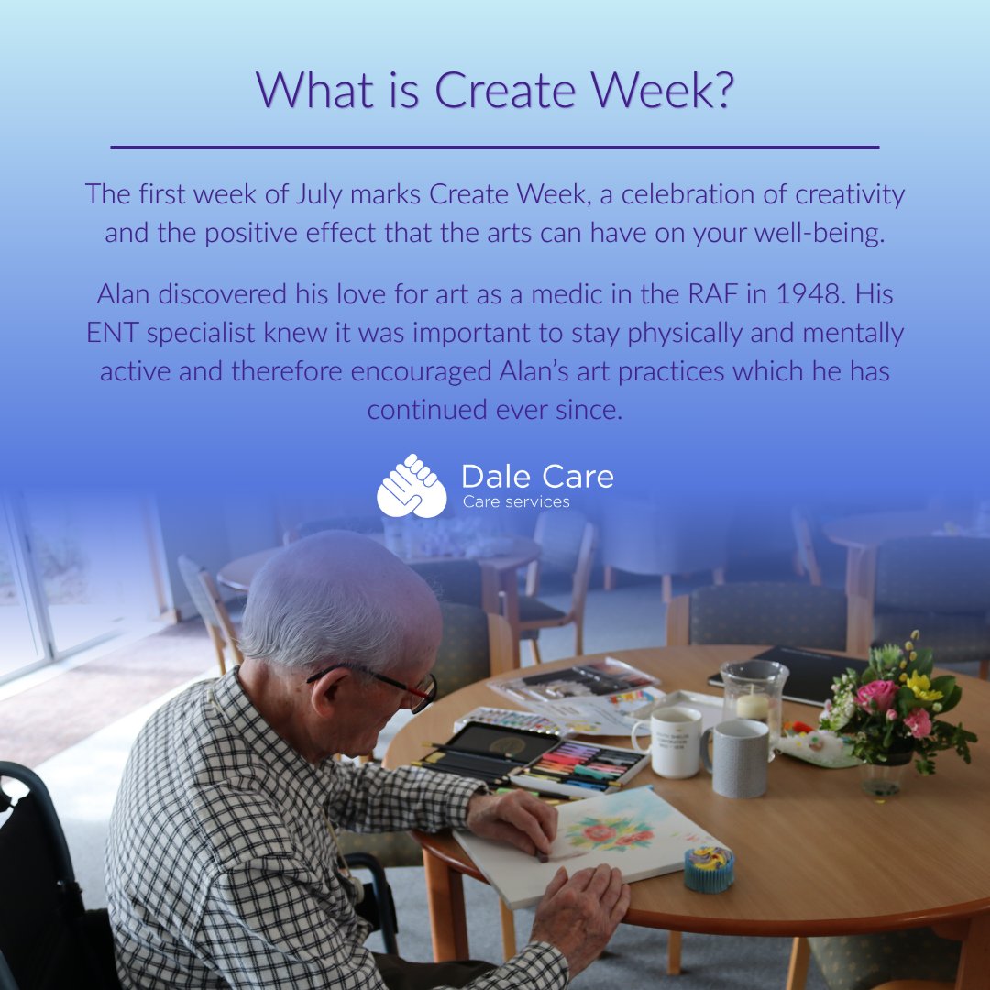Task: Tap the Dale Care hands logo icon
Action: click(x=412, y=486)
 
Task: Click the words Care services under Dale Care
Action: click(x=516, y=501)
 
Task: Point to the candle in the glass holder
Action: click(x=753, y=705)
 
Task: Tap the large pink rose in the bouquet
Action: click(x=877, y=696)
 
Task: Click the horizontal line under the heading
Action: click(x=495, y=147)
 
